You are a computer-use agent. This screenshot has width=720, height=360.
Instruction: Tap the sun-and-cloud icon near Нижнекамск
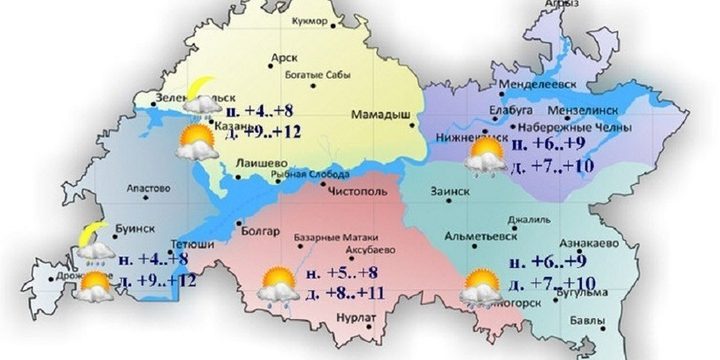488,156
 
